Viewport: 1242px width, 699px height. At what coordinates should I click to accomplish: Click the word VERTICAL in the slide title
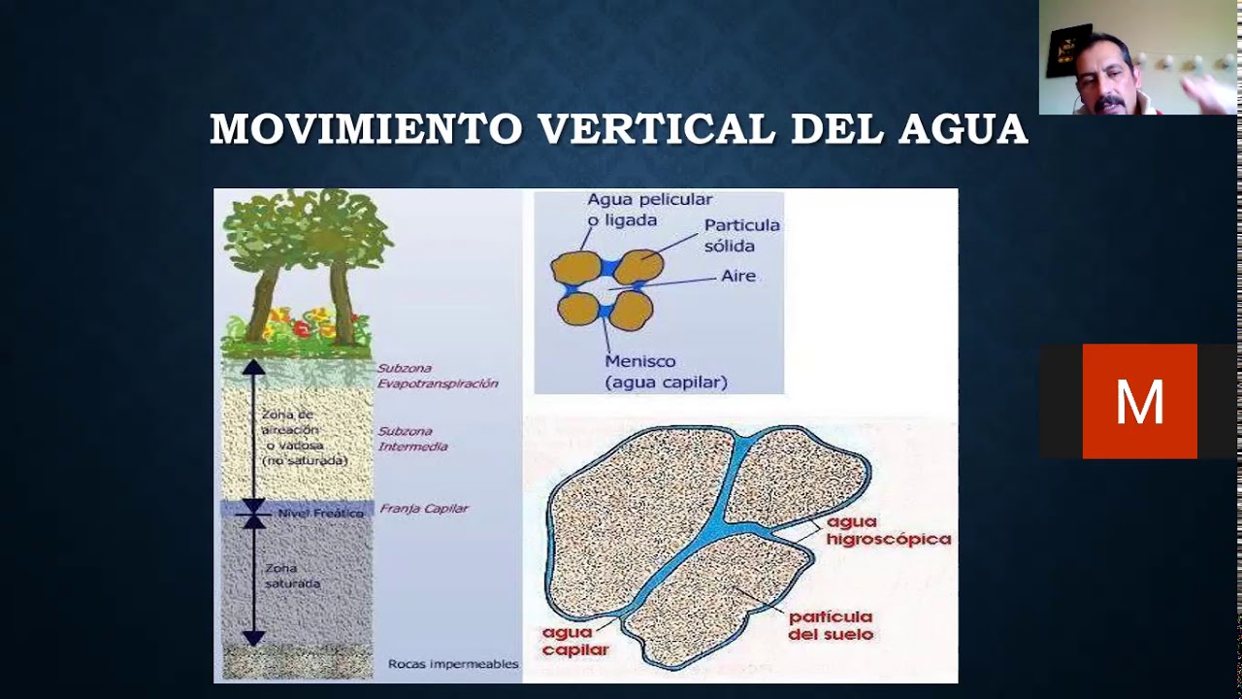[656, 129]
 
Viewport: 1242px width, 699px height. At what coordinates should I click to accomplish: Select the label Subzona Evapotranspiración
[437, 376]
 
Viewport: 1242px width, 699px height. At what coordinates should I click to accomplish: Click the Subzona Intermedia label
[412, 439]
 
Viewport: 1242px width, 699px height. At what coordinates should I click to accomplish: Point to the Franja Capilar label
[424, 509]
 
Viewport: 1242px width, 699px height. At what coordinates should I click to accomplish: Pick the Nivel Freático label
[320, 513]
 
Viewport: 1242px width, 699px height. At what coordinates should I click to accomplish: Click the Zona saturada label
[292, 576]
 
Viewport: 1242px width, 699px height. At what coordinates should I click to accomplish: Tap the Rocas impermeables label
[453, 665]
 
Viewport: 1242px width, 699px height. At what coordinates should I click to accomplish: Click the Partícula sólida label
[741, 235]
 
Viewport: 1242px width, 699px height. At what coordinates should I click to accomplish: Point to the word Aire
[737, 276]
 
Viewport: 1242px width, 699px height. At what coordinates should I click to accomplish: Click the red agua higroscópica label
[888, 530]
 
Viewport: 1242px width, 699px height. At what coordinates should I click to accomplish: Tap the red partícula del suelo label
[830, 625]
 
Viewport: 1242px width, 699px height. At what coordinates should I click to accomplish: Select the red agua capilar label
[575, 642]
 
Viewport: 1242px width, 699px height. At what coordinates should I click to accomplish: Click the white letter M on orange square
[1139, 401]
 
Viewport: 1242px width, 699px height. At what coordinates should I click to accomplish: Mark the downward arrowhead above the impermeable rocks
[253, 638]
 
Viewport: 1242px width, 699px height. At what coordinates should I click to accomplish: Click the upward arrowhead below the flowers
[253, 367]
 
